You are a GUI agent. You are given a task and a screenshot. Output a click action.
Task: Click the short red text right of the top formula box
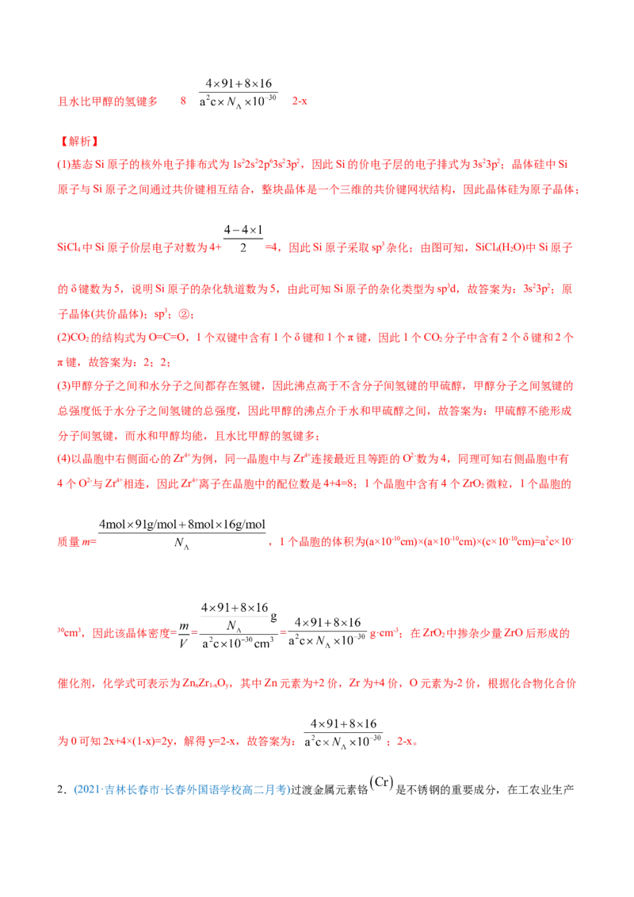pyautogui.click(x=300, y=101)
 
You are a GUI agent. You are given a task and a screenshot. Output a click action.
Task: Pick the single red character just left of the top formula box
pyautogui.click(x=182, y=101)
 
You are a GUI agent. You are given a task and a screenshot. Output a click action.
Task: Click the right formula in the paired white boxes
pyautogui.click(x=329, y=631)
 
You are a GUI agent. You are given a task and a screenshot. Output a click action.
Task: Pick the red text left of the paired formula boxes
pyautogui.click(x=115, y=633)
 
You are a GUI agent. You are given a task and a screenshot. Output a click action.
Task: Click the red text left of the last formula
pyautogui.click(x=178, y=742)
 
